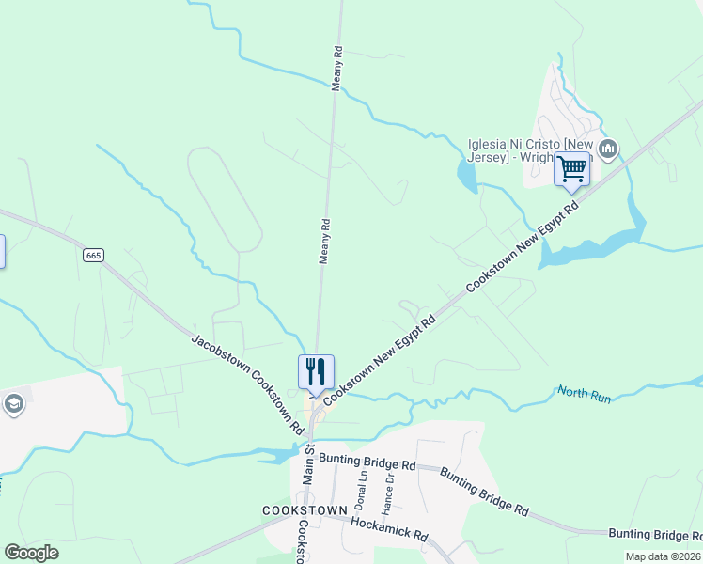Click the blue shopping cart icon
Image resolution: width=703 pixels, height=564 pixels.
pyautogui.click(x=570, y=170)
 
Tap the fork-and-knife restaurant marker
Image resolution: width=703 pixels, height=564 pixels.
pyautogui.click(x=315, y=371)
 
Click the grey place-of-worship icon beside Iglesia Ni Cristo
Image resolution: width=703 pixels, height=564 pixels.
pyautogui.click(x=607, y=149)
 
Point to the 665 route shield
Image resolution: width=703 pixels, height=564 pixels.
pyautogui.click(x=92, y=255)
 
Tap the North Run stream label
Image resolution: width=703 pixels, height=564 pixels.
pyautogui.click(x=584, y=395)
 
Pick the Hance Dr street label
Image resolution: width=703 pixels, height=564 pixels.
pyautogui.click(x=388, y=491)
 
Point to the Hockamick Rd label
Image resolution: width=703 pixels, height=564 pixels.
pyautogui.click(x=388, y=529)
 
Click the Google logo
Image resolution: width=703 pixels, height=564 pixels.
pyautogui.click(x=31, y=553)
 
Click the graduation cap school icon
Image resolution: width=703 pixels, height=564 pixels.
pyautogui.click(x=13, y=405)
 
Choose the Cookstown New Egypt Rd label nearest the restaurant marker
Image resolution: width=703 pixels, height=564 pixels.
pyautogui.click(x=381, y=359)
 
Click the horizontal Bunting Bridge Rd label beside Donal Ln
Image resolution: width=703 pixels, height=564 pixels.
pyautogui.click(x=367, y=464)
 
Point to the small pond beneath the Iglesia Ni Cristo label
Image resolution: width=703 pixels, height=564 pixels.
pyautogui.click(x=467, y=175)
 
